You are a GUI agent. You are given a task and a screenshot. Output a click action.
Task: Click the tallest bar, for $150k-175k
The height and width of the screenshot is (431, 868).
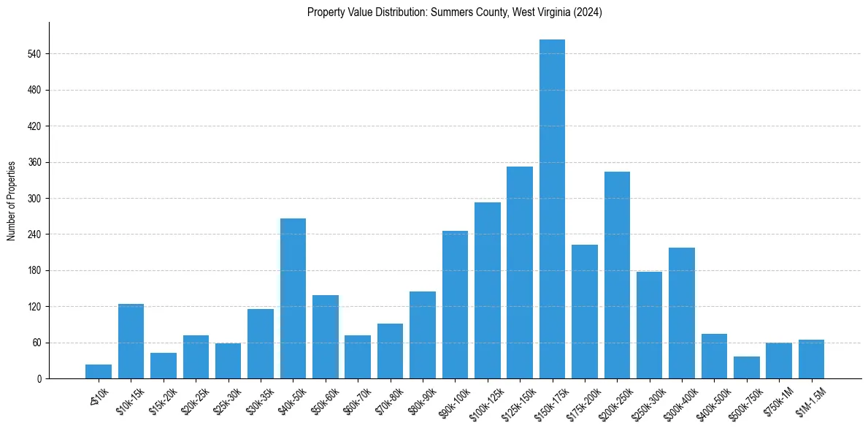coord(552,209)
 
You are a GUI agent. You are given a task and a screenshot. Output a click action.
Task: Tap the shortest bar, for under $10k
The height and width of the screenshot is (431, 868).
coord(99,372)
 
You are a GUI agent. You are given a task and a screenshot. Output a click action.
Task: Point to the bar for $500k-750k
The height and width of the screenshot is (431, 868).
coord(747,367)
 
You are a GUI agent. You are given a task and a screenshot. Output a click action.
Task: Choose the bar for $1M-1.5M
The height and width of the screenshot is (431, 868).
coord(811,359)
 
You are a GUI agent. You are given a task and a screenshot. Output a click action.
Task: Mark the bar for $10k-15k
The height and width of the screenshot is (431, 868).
coord(131,341)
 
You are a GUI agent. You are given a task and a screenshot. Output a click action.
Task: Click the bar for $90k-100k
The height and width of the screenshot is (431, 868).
coord(455,305)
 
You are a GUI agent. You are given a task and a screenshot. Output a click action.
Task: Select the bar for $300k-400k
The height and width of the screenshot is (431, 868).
coord(682,313)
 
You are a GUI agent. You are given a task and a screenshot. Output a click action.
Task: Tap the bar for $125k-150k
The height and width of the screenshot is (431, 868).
coord(520,272)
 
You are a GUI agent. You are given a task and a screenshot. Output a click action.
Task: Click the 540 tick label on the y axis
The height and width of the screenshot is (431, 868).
coord(35,54)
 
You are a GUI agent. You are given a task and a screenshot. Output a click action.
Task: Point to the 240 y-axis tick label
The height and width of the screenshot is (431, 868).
coord(35,234)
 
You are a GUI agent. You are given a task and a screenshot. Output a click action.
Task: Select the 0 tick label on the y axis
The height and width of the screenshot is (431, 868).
coord(40,378)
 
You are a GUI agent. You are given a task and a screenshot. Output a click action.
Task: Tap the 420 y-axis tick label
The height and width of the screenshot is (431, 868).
coord(35,126)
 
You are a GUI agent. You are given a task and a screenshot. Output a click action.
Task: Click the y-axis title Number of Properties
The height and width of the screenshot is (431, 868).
coord(11,200)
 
